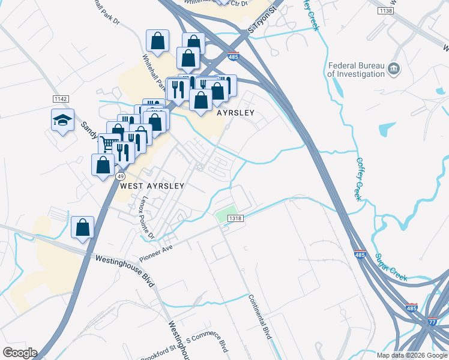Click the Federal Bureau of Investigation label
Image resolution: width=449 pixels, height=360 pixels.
pyautogui.click(x=356, y=70)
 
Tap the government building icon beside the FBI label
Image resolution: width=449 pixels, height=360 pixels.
pyautogui.click(x=394, y=68)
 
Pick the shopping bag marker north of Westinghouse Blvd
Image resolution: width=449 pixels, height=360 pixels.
pyautogui.click(x=83, y=228)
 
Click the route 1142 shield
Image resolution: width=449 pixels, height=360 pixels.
pyautogui.click(x=61, y=99)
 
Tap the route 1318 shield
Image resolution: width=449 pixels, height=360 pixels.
pyautogui.click(x=235, y=219)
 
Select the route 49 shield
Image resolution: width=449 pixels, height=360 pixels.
pyautogui.click(x=120, y=176)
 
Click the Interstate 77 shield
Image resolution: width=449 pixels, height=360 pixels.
pyautogui.click(x=433, y=322)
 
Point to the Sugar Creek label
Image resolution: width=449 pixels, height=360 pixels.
pyautogui.click(x=391, y=267)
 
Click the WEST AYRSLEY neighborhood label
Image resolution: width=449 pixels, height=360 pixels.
pyautogui.click(x=152, y=186)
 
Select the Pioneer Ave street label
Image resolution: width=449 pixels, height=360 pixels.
pyautogui.click(x=156, y=253)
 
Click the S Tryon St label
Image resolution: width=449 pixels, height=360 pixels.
pyautogui.click(x=264, y=20)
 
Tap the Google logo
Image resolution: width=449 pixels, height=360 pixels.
pyautogui.click(x=20, y=353)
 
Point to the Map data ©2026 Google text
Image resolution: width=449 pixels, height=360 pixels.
pyautogui.click(x=411, y=355)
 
